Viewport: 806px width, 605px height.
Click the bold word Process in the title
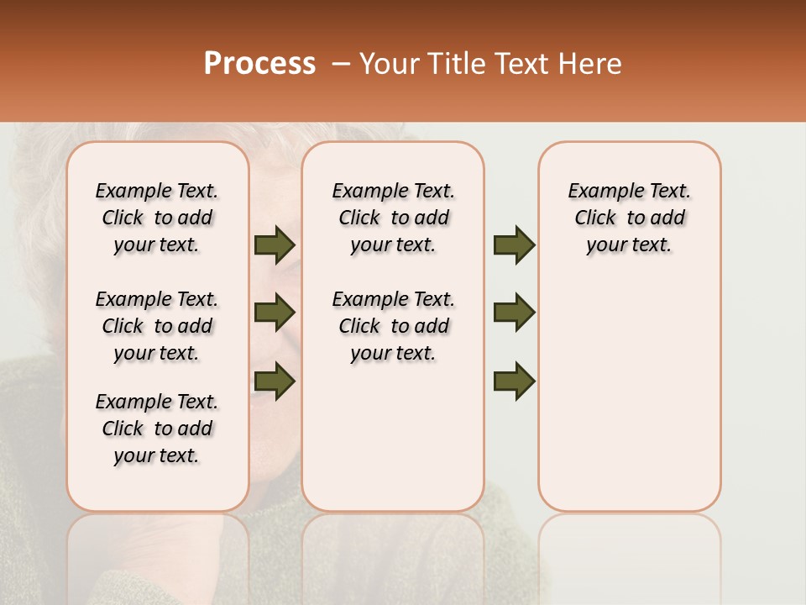259,64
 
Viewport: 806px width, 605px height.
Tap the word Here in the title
590,64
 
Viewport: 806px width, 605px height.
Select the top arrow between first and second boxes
275,245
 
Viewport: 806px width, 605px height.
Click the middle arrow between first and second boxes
275,313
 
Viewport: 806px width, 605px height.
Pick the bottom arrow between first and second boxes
275,381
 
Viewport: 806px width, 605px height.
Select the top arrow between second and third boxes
514,245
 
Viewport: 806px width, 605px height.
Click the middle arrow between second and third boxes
514,313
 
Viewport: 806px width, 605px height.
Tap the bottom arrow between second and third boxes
514,381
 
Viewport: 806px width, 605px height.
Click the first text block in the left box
157,218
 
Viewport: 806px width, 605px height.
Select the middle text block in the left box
157,326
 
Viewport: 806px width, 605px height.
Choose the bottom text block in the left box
157,429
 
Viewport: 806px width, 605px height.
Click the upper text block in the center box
393,218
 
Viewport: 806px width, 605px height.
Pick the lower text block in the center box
393,326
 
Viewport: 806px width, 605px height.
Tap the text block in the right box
630,218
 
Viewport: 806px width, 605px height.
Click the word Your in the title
390,64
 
